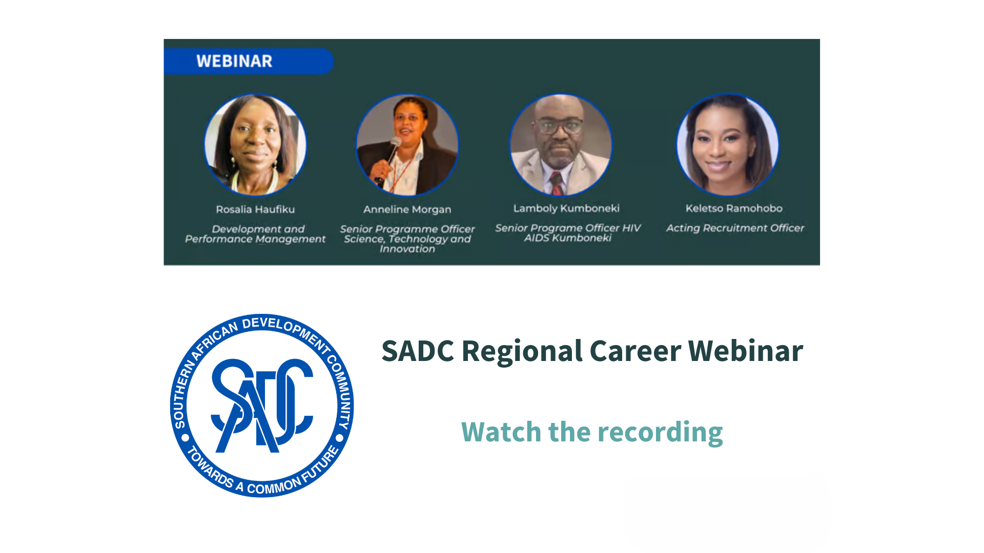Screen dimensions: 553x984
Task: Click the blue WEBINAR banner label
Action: pos(234,61)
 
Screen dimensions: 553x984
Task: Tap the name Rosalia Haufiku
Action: pos(255,209)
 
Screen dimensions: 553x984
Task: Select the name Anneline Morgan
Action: pos(407,209)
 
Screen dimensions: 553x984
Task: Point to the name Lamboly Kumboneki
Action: pos(566,208)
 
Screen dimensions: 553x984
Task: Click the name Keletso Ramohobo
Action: pos(734,208)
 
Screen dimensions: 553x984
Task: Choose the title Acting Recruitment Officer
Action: pos(735,228)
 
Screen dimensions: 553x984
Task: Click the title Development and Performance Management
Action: pos(255,234)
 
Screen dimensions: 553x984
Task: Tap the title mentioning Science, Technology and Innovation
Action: pos(407,239)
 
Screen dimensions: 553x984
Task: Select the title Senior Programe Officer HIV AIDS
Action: pos(567,232)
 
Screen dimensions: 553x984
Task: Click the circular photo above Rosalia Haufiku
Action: pos(255,144)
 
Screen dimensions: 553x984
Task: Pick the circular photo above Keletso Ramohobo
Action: pos(727,144)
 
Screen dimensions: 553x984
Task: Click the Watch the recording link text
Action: pos(592,432)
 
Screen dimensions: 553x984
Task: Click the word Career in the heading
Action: pos(635,351)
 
